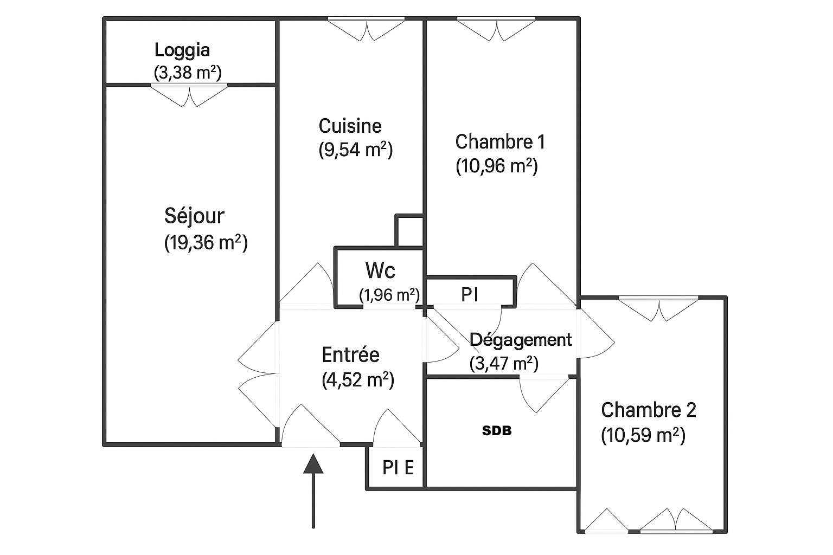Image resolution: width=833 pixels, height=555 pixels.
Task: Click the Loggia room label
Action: point(182,50)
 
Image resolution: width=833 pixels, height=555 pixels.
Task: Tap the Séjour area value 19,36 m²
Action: point(206,243)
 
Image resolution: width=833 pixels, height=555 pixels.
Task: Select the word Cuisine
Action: point(350,126)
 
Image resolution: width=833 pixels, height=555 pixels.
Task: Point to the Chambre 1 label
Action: point(500,142)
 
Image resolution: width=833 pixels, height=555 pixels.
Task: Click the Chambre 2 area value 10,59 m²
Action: point(643,435)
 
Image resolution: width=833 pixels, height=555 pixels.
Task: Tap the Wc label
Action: point(380,270)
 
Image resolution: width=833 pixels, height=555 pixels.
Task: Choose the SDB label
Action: point(497,431)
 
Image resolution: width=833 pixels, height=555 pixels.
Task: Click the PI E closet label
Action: point(398,467)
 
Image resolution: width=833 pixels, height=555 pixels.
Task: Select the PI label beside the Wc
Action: point(470,295)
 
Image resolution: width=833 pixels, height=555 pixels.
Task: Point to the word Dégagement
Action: point(521,340)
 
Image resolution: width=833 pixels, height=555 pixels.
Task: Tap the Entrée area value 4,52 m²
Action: point(358,380)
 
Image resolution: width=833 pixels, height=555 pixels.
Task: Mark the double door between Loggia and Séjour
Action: point(189,95)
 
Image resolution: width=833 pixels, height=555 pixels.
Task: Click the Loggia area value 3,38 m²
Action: point(188,73)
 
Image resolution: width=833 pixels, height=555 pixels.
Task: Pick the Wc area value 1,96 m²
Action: point(389,295)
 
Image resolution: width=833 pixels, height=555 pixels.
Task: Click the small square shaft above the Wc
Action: point(409,231)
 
